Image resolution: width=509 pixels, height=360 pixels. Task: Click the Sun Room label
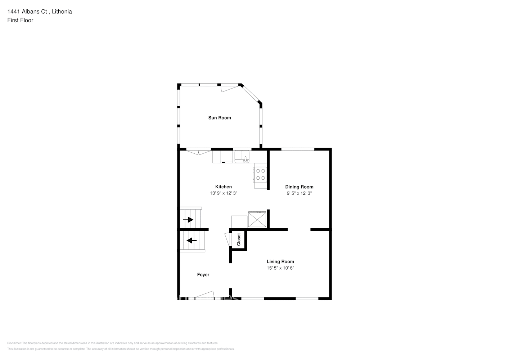(x=220, y=118)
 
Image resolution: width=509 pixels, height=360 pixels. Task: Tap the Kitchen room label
(x=224, y=186)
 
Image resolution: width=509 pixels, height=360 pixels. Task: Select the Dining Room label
(x=299, y=187)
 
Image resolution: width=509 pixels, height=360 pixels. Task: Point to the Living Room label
(x=280, y=261)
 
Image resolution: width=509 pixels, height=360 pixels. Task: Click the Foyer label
(x=203, y=275)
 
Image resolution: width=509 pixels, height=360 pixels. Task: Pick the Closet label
(x=239, y=240)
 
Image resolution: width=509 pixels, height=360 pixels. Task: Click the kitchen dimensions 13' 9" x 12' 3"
(x=224, y=193)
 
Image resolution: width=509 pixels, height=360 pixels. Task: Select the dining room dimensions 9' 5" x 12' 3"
(x=299, y=193)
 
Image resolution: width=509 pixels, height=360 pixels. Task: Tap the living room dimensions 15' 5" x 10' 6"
(x=280, y=268)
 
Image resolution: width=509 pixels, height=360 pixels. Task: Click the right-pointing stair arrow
(x=188, y=220)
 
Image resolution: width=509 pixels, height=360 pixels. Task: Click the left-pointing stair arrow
(x=192, y=240)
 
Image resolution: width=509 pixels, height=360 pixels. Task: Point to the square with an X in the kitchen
(x=257, y=220)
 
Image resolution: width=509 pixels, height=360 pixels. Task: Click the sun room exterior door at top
(x=229, y=87)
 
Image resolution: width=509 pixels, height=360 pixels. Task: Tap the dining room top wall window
(x=298, y=149)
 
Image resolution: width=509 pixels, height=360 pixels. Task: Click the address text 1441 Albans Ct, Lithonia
(x=40, y=12)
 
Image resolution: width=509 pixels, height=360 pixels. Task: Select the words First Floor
(x=20, y=20)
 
